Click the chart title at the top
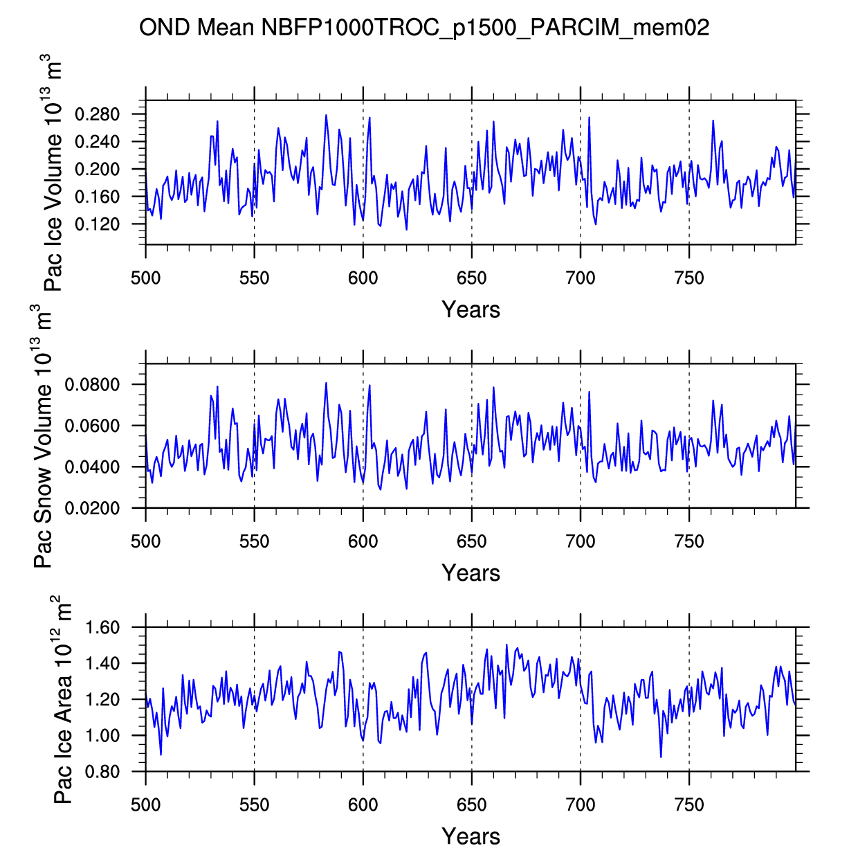coord(424,28)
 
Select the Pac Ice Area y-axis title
coord(62,699)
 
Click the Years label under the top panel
coord(471,309)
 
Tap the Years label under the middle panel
coord(471,572)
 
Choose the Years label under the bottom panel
coord(471,836)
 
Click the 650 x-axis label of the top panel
coord(471,278)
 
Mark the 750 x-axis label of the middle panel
coord(688,541)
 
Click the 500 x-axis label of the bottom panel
coord(145,805)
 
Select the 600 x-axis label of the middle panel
coord(363,541)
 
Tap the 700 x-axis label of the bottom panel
coord(580,805)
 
